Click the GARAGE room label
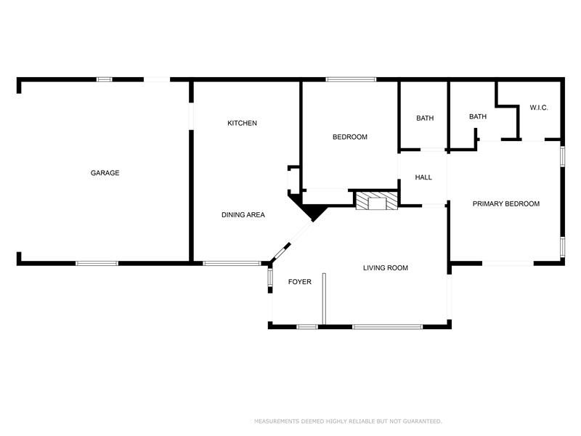point(105,173)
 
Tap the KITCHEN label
point(242,124)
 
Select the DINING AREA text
point(243,215)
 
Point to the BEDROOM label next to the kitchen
point(349,137)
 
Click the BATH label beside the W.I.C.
point(477,117)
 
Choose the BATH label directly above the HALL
point(425,118)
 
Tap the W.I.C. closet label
point(538,108)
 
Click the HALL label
point(423,178)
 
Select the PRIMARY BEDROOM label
point(505,204)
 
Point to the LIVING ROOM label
point(385,268)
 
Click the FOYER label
point(299,282)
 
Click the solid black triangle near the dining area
point(313,211)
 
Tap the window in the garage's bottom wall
point(97,263)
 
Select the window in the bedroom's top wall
point(351,79)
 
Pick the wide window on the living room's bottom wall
point(387,326)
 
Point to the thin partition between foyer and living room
point(325,298)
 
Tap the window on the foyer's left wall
point(270,278)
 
